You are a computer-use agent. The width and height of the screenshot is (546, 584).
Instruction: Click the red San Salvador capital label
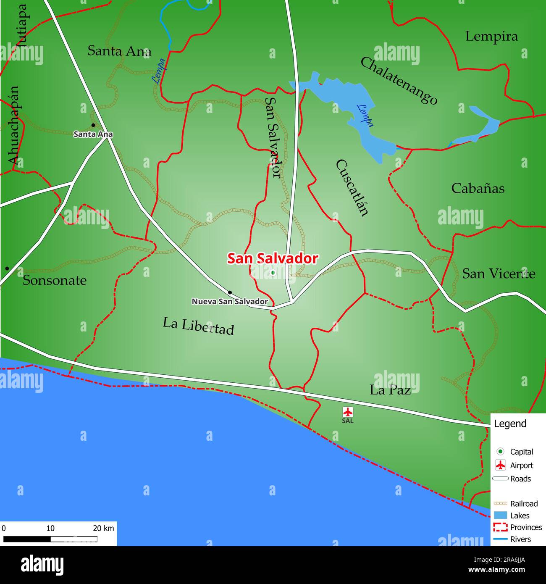273,258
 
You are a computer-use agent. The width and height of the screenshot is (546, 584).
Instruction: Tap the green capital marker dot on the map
273,273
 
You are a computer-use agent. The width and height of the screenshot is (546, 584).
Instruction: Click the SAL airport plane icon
348,412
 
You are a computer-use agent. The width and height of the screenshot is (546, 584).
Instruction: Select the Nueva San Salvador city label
230,302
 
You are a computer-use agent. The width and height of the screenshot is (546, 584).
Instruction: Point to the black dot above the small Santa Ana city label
93,125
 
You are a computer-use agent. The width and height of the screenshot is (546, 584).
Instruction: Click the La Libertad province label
198,326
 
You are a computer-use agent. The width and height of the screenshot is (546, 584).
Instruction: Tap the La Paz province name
390,390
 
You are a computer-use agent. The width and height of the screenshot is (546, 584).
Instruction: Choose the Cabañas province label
478,188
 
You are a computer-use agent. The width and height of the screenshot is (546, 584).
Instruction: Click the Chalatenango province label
399,81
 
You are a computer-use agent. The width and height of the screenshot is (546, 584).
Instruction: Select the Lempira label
491,37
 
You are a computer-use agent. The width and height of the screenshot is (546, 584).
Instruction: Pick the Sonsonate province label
55,280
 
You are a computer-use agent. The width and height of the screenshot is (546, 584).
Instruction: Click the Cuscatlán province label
352,188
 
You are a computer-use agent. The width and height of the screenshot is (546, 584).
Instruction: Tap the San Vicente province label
499,274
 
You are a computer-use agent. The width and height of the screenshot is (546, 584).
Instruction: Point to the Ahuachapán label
14,125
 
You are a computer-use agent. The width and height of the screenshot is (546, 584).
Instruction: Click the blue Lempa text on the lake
365,115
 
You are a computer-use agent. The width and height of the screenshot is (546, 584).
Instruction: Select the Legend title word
510,424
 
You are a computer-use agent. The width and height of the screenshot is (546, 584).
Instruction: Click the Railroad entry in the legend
523,504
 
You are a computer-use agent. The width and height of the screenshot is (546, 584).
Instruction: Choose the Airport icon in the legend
500,466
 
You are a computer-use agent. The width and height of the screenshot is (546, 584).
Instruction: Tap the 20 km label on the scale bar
103,529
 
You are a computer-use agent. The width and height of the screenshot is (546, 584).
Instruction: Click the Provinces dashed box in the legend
500,527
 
